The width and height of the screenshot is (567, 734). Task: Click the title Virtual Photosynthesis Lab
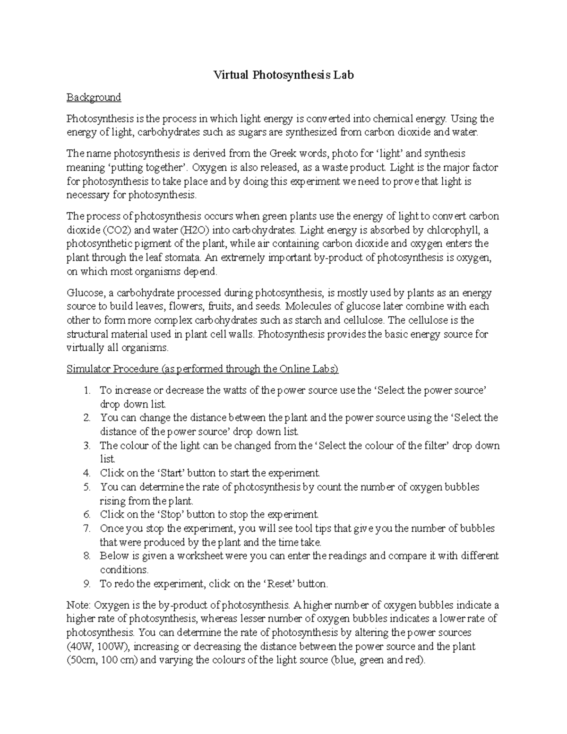(x=283, y=75)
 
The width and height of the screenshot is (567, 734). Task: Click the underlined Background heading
(x=94, y=97)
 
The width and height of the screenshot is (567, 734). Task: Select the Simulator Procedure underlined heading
(x=202, y=369)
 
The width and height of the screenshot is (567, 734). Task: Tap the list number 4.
(x=86, y=473)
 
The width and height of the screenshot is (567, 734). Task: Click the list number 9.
(x=86, y=584)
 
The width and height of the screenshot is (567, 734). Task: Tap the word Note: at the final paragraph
(x=79, y=605)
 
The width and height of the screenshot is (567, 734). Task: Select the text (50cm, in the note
(x=82, y=660)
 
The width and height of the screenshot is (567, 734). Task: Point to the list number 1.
(x=86, y=390)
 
